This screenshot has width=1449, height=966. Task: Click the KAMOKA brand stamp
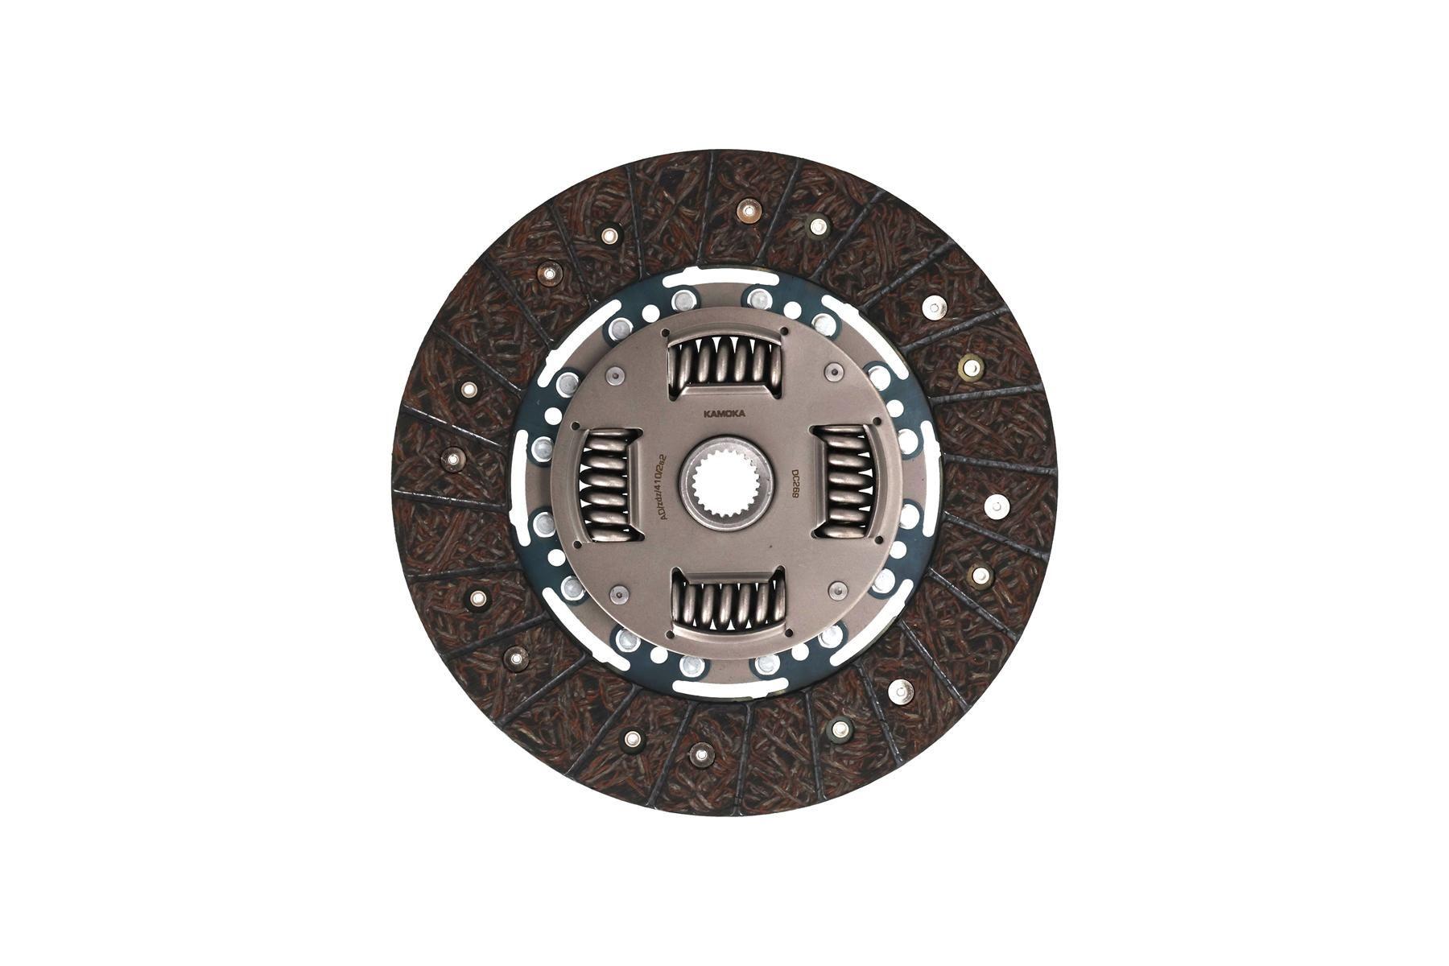tap(724, 414)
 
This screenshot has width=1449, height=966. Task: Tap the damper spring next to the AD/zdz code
tap(609, 485)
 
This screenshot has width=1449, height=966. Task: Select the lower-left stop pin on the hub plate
tap(618, 594)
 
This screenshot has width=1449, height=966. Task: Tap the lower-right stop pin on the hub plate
tap(837, 589)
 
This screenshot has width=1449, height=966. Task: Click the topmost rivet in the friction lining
tap(748, 209)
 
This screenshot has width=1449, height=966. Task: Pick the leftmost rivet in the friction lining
tap(453, 459)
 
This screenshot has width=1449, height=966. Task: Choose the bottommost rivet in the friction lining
tap(701, 754)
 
